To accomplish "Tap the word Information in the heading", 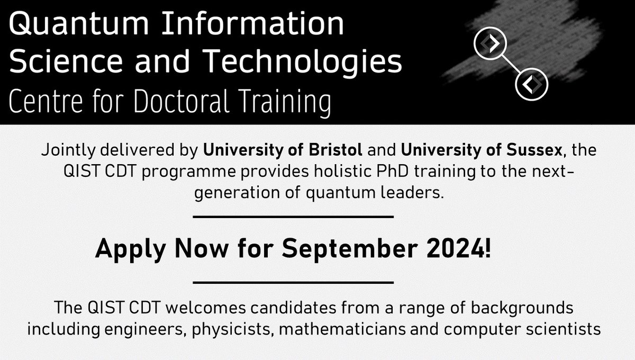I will [257, 25].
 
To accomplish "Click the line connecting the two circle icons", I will [511, 64].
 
